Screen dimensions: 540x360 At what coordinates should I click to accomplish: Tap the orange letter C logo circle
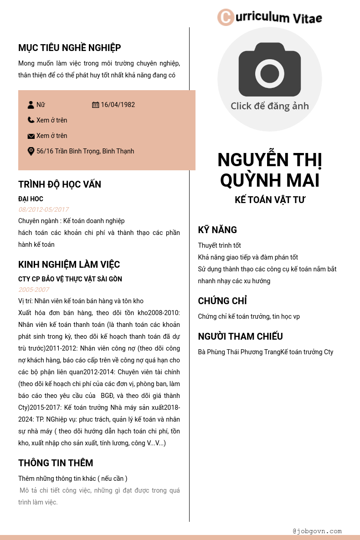click(x=226, y=17)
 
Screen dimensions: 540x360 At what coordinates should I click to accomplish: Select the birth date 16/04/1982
click(x=118, y=105)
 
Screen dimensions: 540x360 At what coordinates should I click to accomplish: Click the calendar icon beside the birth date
click(x=95, y=105)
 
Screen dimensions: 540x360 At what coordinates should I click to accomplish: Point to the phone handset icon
click(x=31, y=120)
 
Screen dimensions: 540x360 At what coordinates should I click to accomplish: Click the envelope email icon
click(x=31, y=136)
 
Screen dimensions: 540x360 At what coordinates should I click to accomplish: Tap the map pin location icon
click(x=31, y=151)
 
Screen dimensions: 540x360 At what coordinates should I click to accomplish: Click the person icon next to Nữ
click(x=31, y=105)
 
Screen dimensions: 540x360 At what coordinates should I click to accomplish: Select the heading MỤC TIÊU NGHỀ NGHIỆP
click(x=69, y=48)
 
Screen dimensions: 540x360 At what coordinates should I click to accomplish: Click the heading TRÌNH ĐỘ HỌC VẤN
click(x=60, y=184)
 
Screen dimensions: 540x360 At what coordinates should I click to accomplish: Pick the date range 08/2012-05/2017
click(x=43, y=209)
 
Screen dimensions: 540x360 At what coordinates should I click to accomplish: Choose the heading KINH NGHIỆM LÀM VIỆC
click(x=69, y=265)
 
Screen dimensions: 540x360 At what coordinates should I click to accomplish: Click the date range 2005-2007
click(x=34, y=290)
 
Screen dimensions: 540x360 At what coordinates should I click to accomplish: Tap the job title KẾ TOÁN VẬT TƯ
click(x=270, y=200)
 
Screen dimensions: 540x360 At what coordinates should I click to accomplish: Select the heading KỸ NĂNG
click(x=217, y=230)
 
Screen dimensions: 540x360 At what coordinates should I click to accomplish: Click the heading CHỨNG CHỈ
click(x=222, y=301)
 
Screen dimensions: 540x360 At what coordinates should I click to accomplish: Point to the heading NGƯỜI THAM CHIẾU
click(x=240, y=336)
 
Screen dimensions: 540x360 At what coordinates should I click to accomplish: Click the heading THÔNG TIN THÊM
click(x=56, y=463)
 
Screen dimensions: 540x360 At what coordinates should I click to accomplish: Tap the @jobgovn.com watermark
click(x=317, y=531)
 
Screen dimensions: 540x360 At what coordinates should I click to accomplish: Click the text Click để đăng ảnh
click(x=270, y=106)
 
